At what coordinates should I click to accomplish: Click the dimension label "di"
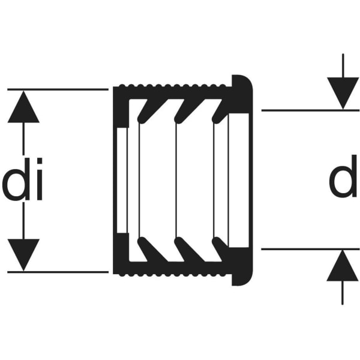(23, 184)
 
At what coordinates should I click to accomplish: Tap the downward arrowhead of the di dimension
(23, 254)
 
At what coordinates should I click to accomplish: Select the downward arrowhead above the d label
(343, 94)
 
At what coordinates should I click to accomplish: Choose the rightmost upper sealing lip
(220, 109)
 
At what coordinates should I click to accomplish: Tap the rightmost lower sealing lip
(220, 248)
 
